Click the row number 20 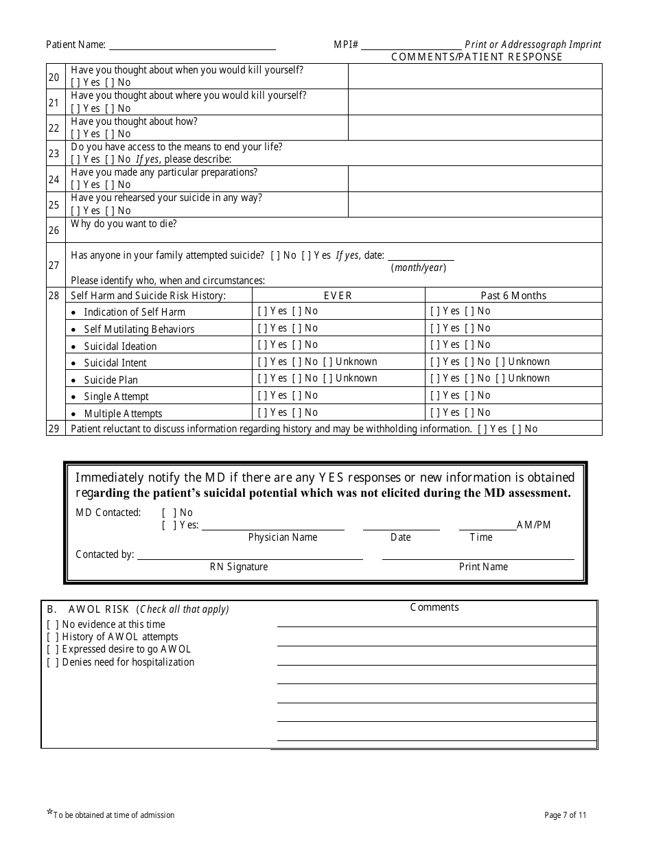54,77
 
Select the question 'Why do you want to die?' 124,224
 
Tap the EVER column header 338,296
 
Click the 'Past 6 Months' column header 513,296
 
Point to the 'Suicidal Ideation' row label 120,347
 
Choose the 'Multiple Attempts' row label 123,414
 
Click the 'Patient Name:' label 75,45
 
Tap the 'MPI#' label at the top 347,45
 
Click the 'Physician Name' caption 283,537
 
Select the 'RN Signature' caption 239,567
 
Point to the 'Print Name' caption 483,567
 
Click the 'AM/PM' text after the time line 534,525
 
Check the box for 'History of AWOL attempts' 53,637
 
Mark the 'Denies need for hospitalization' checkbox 53,662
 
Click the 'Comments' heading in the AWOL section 434,607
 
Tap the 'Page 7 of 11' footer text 565,815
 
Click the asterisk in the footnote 49,814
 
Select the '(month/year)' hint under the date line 419,268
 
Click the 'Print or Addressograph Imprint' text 533,45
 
